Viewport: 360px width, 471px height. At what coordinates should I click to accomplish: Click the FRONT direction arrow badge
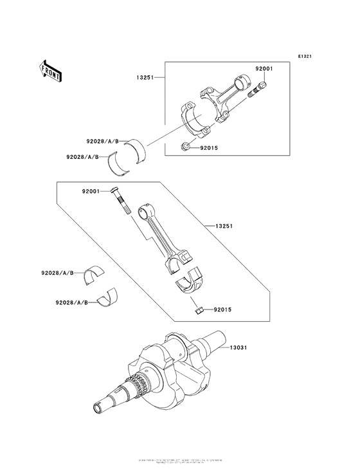[x=51, y=70]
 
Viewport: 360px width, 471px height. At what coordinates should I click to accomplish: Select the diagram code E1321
[x=305, y=57]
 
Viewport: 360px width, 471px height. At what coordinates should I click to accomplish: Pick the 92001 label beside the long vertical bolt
[x=93, y=191]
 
